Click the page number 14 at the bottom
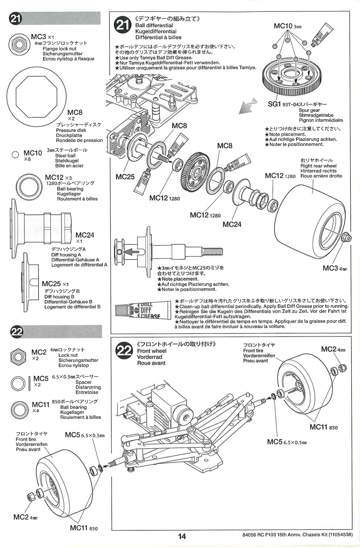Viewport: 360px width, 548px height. pos(182,536)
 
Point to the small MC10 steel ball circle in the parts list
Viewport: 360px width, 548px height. pos(15,155)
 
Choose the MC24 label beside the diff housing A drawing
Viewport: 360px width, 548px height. pos(85,235)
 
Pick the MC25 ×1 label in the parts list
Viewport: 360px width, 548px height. pos(55,284)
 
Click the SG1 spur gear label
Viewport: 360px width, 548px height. pos(274,104)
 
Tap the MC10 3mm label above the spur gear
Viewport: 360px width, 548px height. pos(287,26)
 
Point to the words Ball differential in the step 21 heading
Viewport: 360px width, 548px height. pos(154,26)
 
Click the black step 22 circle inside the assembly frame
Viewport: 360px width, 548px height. pos(124,351)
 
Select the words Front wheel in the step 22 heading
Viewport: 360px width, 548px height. pos(152,351)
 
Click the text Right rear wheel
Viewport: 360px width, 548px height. pos(318,166)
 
